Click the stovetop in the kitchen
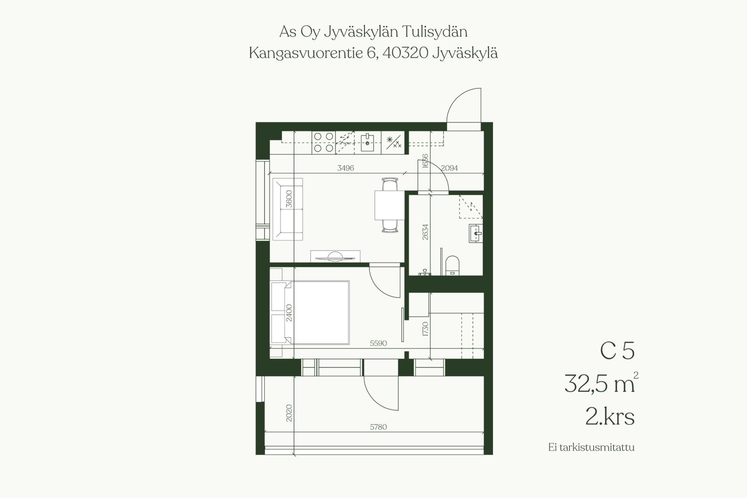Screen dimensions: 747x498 [x=324, y=142]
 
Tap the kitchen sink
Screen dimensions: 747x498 [x=367, y=143]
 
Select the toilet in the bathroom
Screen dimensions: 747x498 [x=452, y=265]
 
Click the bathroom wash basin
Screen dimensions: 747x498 [x=475, y=233]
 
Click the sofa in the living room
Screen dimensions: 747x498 [x=288, y=209]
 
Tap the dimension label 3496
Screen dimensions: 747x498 [x=345, y=168]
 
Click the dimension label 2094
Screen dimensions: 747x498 [x=449, y=168]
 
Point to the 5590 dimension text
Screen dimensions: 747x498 [x=378, y=343]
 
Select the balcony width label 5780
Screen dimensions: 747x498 [x=378, y=427]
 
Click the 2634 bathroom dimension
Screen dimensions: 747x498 [x=425, y=232]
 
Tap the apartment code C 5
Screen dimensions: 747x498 [x=617, y=351]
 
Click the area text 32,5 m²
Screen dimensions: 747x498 [x=601, y=383]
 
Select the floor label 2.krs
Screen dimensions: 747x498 [x=610, y=417]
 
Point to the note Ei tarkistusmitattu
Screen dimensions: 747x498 [x=591, y=447]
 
